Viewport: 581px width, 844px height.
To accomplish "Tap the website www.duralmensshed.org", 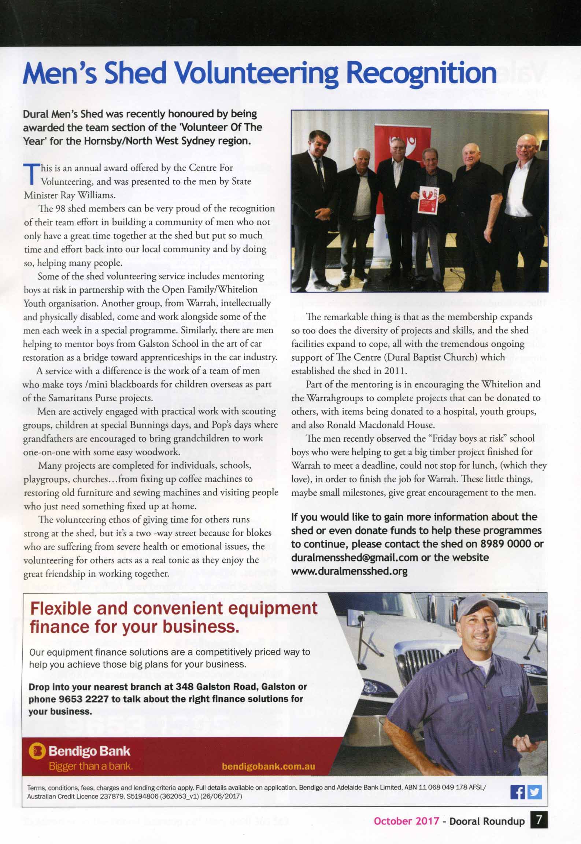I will click(349, 571).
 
